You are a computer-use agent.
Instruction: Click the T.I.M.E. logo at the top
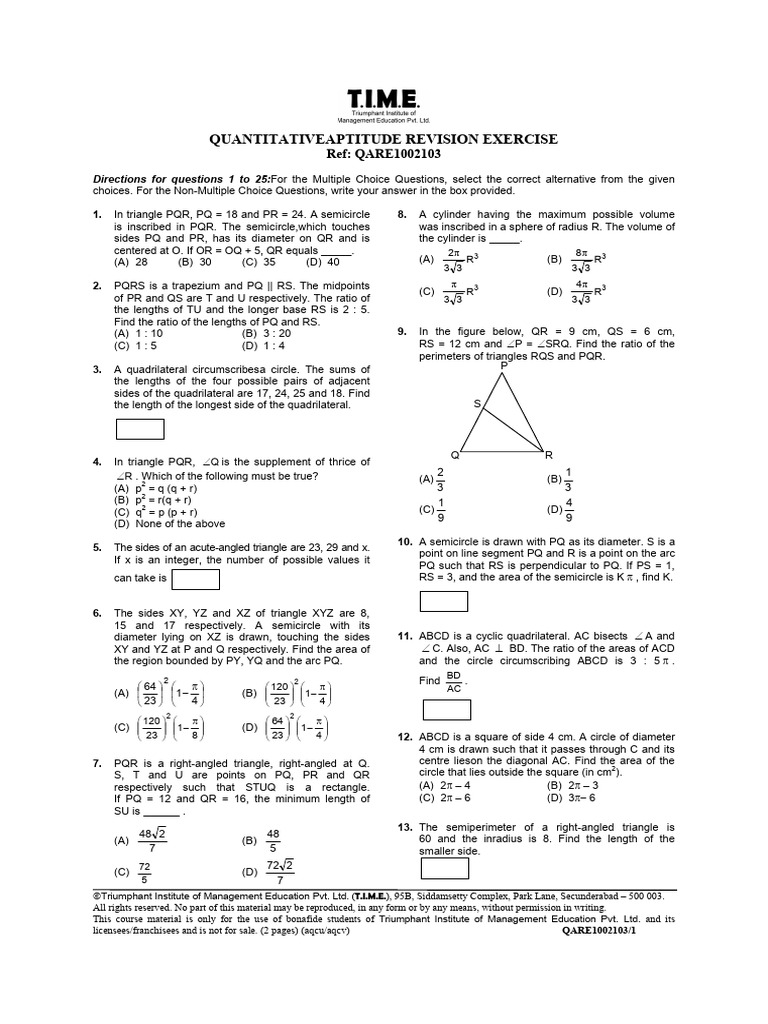384,100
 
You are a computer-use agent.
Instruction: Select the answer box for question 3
141,429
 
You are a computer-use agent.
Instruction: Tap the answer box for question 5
196,579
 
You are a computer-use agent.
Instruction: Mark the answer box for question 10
444,601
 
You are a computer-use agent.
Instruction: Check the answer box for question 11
447,710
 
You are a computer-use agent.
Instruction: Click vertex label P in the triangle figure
503,367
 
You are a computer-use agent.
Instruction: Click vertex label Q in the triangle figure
455,454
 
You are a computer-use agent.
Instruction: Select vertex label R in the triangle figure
548,454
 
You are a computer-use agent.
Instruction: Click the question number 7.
96,763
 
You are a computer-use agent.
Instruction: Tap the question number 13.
405,827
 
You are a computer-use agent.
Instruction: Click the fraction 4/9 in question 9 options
569,510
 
